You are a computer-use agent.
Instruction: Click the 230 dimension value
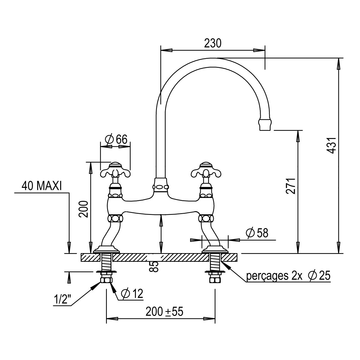pyautogui.click(x=213, y=43)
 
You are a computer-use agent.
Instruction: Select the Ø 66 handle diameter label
pyautogui.click(x=116, y=139)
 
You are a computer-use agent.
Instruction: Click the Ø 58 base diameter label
pyautogui.click(x=257, y=233)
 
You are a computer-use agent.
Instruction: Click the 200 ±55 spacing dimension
pyautogui.click(x=165, y=311)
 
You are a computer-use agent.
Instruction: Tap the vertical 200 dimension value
pyautogui.click(x=83, y=209)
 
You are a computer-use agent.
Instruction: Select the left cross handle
pyautogui.click(x=115, y=170)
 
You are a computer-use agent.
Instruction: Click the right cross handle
pyautogui.click(x=206, y=170)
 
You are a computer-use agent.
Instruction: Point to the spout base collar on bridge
pyautogui.click(x=161, y=185)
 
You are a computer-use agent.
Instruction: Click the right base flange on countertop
pyautogui.click(x=215, y=249)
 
